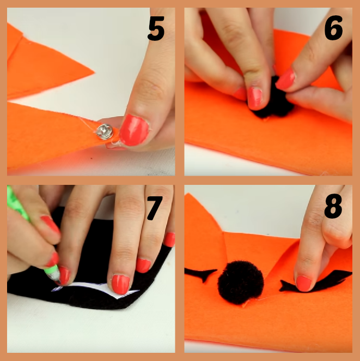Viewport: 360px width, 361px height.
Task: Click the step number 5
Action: (156, 28)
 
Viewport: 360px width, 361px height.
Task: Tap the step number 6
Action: (333, 28)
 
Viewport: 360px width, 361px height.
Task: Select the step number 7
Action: (155, 208)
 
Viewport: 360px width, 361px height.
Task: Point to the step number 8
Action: (333, 206)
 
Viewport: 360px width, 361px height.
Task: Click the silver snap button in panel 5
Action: (105, 131)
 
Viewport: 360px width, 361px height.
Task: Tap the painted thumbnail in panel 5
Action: (134, 130)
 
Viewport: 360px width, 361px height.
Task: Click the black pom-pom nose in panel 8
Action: (241, 282)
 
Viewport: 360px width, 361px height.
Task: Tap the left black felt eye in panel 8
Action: (201, 274)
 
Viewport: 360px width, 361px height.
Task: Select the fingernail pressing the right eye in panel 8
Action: (304, 284)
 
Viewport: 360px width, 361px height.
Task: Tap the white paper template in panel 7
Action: (96, 289)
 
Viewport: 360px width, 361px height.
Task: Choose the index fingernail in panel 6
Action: (254, 98)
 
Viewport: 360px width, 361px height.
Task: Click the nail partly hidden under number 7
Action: (170, 239)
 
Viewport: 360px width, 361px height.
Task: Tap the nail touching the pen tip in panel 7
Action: (64, 275)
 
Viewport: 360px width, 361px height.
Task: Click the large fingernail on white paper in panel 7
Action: (121, 284)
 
